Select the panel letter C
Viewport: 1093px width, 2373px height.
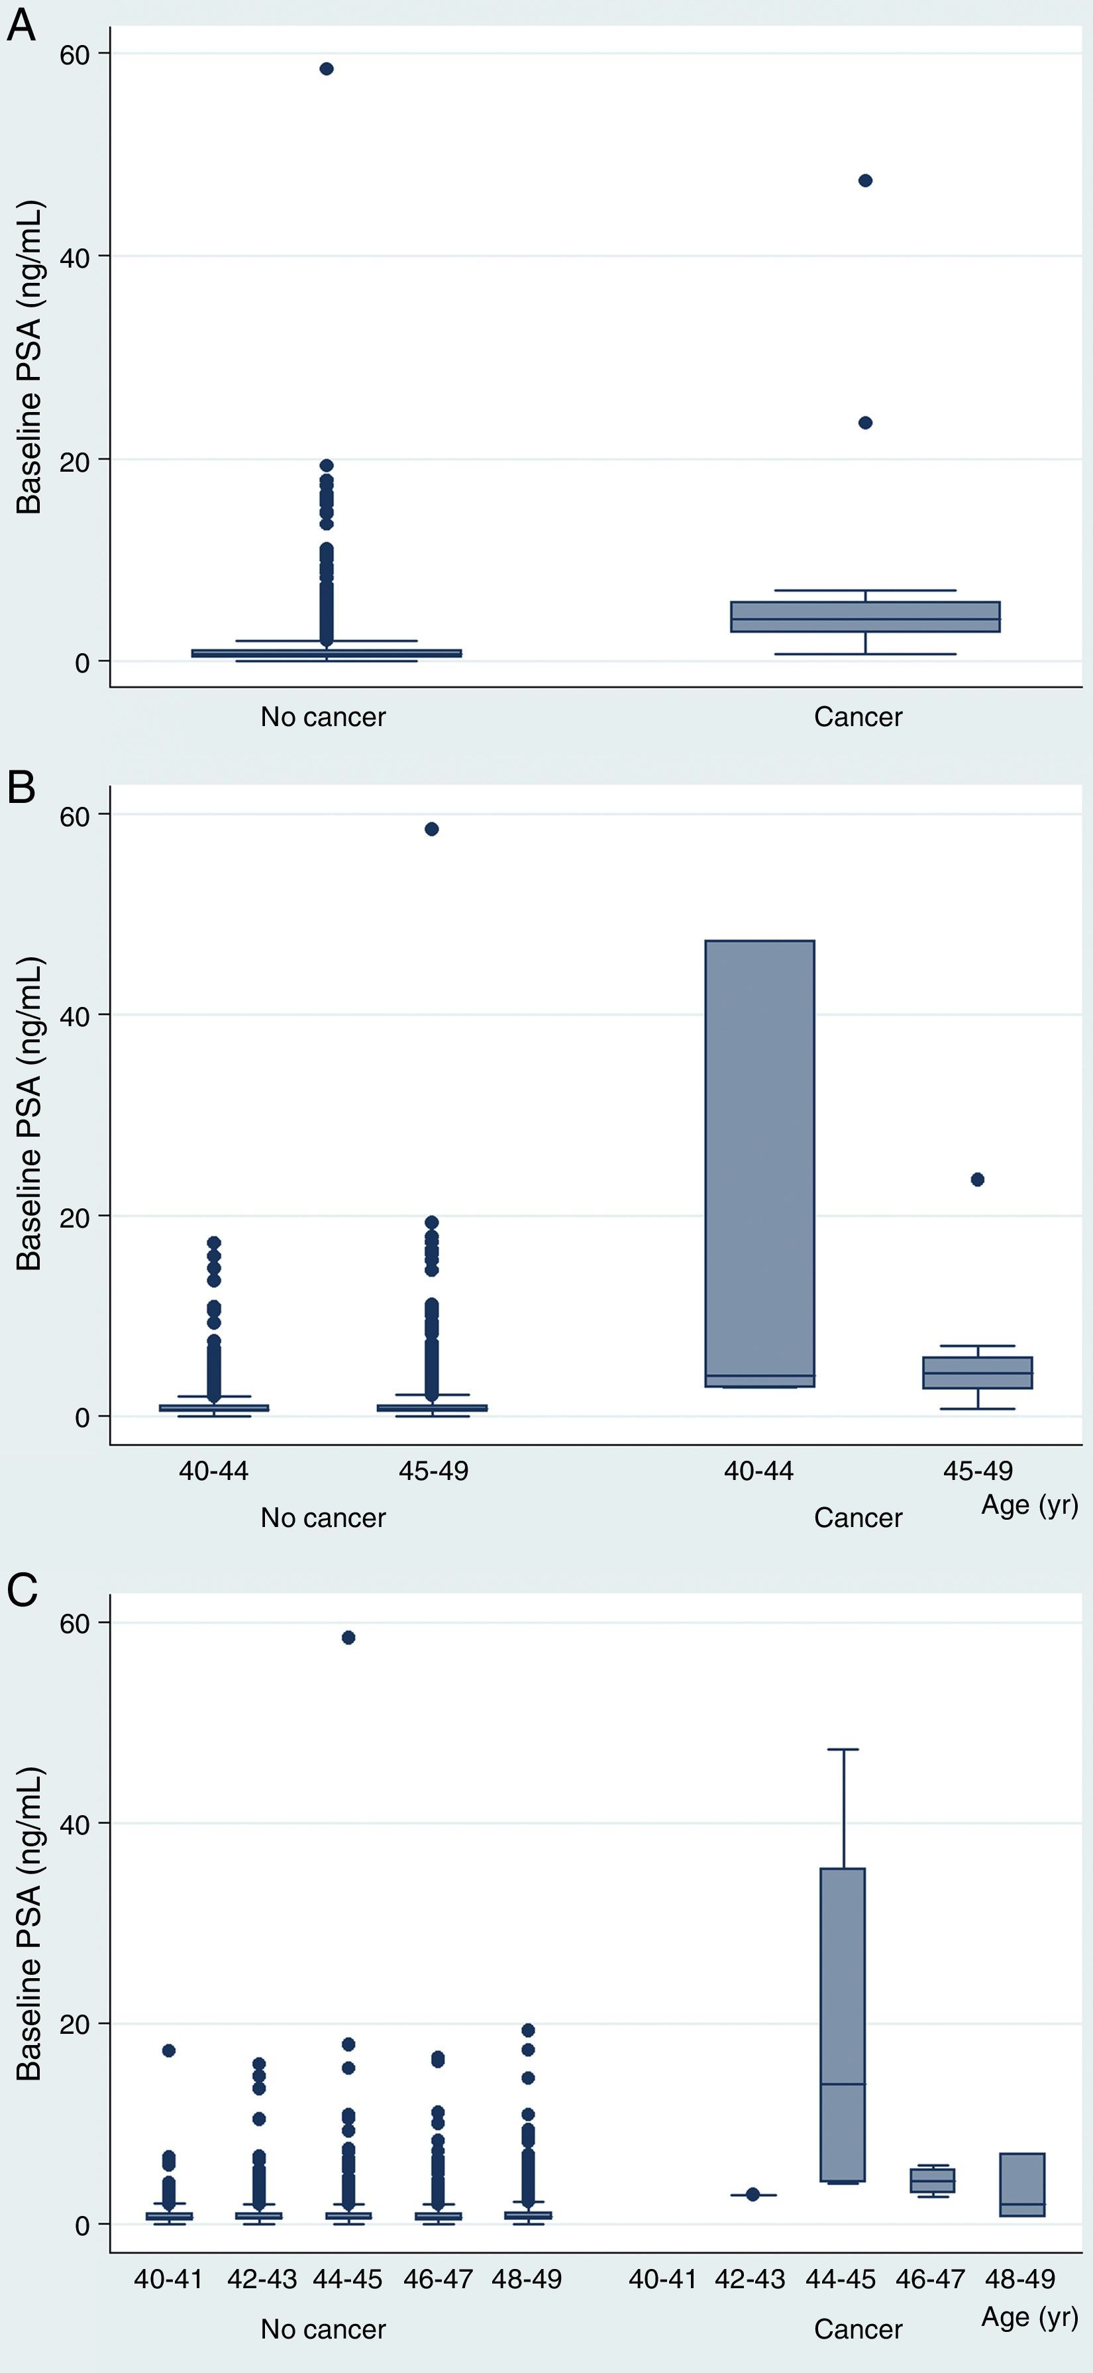pos(22,1590)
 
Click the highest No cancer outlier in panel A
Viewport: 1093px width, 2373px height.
pos(326,69)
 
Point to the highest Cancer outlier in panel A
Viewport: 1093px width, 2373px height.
pos(864,181)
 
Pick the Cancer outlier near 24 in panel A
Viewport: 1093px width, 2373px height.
pos(864,423)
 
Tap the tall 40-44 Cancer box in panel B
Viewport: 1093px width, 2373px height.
pos(760,1163)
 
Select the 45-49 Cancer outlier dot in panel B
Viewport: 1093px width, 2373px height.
pos(977,1179)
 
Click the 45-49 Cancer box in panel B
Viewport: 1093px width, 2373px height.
pos(977,1373)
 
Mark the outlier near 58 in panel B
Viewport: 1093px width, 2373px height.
pos(431,829)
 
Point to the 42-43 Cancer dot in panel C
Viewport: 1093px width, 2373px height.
pos(753,2194)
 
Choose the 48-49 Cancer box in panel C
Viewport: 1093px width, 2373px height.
pos(1022,2185)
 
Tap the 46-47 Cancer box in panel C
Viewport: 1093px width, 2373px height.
pos(932,2180)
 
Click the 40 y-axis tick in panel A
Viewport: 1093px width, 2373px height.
pos(76,257)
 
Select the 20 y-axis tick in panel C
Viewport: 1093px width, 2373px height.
pos(76,2024)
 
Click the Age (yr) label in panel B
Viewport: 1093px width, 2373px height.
pos(1029,1505)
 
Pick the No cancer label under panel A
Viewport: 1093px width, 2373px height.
pos(323,717)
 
